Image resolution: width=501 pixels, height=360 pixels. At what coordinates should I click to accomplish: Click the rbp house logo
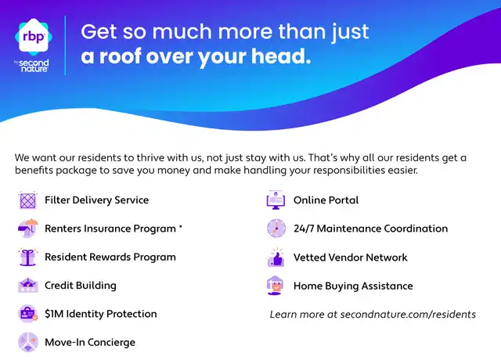click(34, 37)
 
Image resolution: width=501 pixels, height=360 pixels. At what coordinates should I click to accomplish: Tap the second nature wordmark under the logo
click(33, 66)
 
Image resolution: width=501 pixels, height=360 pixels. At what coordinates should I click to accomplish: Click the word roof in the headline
click(121, 56)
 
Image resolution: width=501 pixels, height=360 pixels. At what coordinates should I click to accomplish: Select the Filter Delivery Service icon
click(28, 200)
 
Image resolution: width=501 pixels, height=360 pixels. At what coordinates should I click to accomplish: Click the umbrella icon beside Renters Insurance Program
click(28, 228)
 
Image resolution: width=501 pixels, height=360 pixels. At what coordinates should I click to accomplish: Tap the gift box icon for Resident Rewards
click(28, 257)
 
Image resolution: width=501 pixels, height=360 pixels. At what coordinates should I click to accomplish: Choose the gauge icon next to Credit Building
click(28, 285)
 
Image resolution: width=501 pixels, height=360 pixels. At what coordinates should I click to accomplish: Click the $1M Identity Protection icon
click(28, 313)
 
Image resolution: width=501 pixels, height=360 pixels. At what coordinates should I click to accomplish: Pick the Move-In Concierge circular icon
click(28, 342)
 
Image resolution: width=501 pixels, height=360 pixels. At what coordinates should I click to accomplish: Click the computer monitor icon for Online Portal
click(276, 200)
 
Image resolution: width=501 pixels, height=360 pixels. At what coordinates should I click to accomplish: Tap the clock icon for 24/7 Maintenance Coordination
click(276, 229)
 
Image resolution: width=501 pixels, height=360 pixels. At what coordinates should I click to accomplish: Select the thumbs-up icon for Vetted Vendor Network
click(276, 257)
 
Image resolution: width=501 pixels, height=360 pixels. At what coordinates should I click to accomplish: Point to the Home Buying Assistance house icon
click(275, 286)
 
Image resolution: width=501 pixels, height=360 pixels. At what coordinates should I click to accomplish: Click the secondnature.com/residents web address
click(408, 315)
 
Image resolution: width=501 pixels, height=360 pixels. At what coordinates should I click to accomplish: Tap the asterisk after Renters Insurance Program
click(181, 226)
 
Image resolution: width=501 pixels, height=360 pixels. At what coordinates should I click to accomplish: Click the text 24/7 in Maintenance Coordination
click(304, 229)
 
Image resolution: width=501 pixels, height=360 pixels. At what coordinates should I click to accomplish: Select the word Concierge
click(111, 343)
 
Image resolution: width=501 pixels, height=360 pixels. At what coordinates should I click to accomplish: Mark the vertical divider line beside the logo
click(65, 45)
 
